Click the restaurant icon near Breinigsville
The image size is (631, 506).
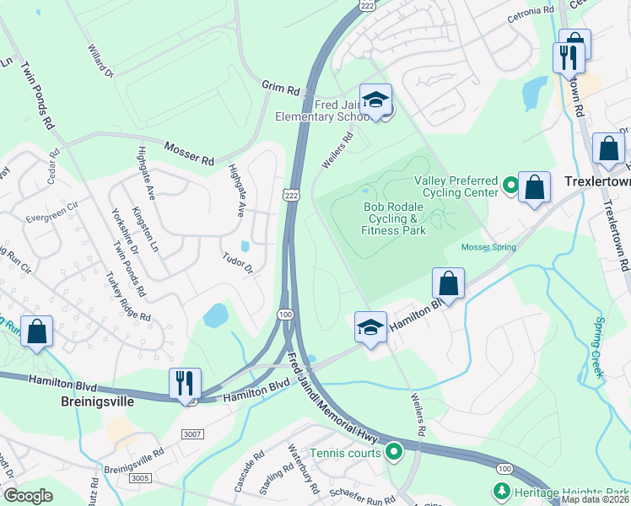click(x=186, y=384)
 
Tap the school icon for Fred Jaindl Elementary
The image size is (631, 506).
click(x=375, y=100)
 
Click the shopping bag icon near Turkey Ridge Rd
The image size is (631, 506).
click(x=37, y=331)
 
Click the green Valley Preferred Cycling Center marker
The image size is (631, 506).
click(x=510, y=184)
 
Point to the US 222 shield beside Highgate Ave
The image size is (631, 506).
click(x=290, y=194)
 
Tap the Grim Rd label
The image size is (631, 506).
click(x=281, y=88)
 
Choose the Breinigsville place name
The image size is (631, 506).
click(x=100, y=402)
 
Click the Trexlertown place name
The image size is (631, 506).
click(x=596, y=181)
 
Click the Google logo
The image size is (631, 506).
click(x=29, y=496)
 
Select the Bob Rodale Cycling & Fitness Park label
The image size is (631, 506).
click(x=394, y=218)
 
